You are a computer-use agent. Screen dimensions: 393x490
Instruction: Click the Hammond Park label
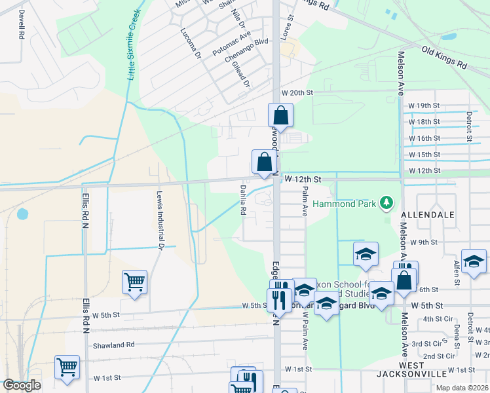(345, 204)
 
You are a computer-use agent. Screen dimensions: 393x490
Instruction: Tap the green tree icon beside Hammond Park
(387, 202)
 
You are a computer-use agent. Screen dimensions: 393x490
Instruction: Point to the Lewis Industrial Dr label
(159, 220)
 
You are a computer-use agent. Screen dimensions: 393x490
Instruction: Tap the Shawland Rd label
(113, 345)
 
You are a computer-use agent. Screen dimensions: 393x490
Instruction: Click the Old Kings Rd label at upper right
(443, 58)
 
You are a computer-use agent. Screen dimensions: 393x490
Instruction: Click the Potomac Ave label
(231, 44)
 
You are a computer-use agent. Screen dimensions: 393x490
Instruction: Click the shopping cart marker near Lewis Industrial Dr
(134, 282)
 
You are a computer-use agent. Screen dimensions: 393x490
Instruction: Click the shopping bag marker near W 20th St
(280, 115)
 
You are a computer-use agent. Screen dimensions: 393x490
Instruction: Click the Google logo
(22, 385)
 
